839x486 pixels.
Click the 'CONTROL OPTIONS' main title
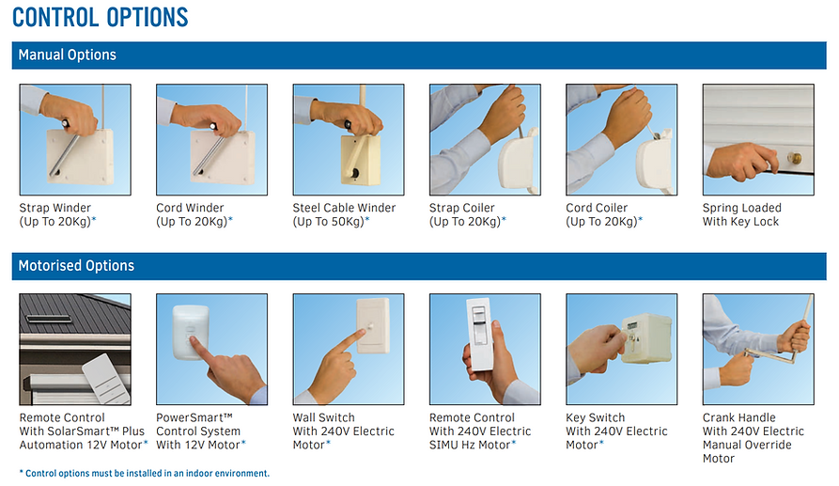[x=100, y=17]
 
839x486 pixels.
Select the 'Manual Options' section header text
[x=68, y=55]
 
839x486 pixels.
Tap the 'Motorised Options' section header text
[x=76, y=265]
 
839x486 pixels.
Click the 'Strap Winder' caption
[x=55, y=208]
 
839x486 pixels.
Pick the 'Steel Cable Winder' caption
[x=344, y=208]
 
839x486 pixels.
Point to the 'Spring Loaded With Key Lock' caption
[x=742, y=214]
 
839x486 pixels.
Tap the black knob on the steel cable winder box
[x=355, y=173]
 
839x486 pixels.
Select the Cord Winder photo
[x=212, y=140]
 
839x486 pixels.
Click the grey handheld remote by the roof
[x=106, y=380]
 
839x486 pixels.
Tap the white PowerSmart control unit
[x=190, y=331]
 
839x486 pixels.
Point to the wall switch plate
[x=373, y=325]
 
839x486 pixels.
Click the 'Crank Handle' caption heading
[x=739, y=417]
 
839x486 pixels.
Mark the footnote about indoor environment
[x=145, y=473]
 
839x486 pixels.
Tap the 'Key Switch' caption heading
[x=596, y=417]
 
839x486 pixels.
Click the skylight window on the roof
[x=49, y=319]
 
